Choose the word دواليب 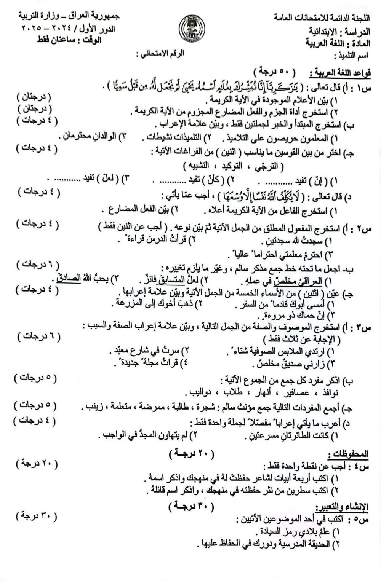tap(201, 392)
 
